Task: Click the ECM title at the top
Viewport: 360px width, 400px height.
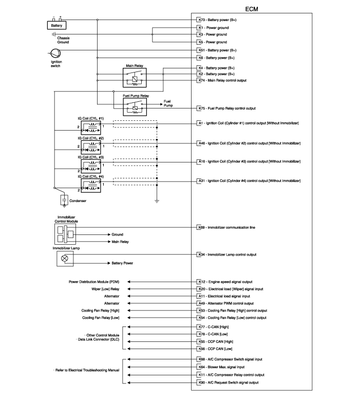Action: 252,9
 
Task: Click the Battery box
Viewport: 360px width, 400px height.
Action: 56,25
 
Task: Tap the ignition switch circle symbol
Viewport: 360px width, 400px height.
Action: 55,54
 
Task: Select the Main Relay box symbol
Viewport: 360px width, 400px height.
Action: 135,78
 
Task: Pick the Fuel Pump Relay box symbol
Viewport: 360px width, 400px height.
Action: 135,107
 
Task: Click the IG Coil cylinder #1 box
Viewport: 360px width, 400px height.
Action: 91,128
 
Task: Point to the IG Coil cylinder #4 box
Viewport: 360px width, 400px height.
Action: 91,186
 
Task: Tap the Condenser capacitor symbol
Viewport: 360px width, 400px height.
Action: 64,200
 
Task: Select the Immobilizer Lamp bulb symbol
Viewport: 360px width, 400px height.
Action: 65,259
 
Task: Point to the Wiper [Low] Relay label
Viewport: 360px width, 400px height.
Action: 105,289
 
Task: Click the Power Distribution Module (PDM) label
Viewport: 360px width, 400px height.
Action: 94,282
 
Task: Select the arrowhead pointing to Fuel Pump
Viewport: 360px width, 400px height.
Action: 161,104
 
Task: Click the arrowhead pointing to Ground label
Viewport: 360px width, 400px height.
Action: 109,234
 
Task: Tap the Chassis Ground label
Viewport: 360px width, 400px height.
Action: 63,40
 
